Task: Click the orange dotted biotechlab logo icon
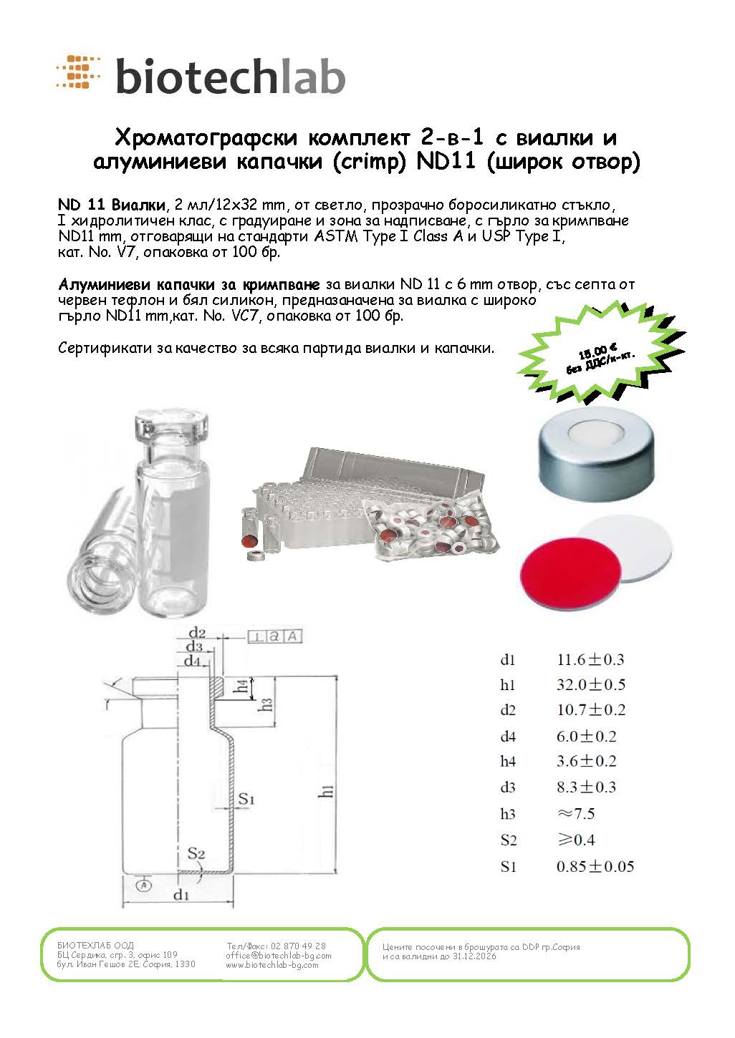coord(78,72)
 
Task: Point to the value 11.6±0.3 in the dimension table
coord(590,659)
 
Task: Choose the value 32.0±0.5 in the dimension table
coord(591,684)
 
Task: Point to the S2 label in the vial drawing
coord(196,853)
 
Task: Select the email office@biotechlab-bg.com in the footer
coord(278,955)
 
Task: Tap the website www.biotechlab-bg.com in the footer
coord(272,965)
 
